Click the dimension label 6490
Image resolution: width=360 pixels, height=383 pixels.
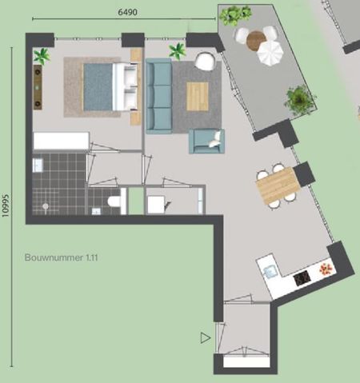[x=128, y=11]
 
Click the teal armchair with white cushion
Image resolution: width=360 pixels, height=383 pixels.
[x=206, y=141]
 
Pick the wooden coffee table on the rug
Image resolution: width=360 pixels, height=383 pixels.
[x=197, y=96]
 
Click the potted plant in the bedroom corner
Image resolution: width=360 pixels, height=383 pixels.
[x=41, y=56]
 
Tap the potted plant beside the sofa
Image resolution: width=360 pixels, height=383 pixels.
[x=177, y=52]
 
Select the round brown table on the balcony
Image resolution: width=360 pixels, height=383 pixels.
[x=256, y=39]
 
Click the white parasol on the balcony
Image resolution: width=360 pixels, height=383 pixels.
[x=270, y=54]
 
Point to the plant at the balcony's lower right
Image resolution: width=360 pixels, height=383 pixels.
[x=298, y=100]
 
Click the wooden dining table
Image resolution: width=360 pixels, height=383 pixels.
[x=277, y=186]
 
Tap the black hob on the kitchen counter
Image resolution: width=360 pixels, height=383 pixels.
[x=303, y=277]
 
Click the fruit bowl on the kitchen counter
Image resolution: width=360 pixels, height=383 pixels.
[x=326, y=269]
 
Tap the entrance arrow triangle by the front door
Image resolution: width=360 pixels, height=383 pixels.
[x=206, y=338]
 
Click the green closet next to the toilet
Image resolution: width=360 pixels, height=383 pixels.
[x=135, y=201]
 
